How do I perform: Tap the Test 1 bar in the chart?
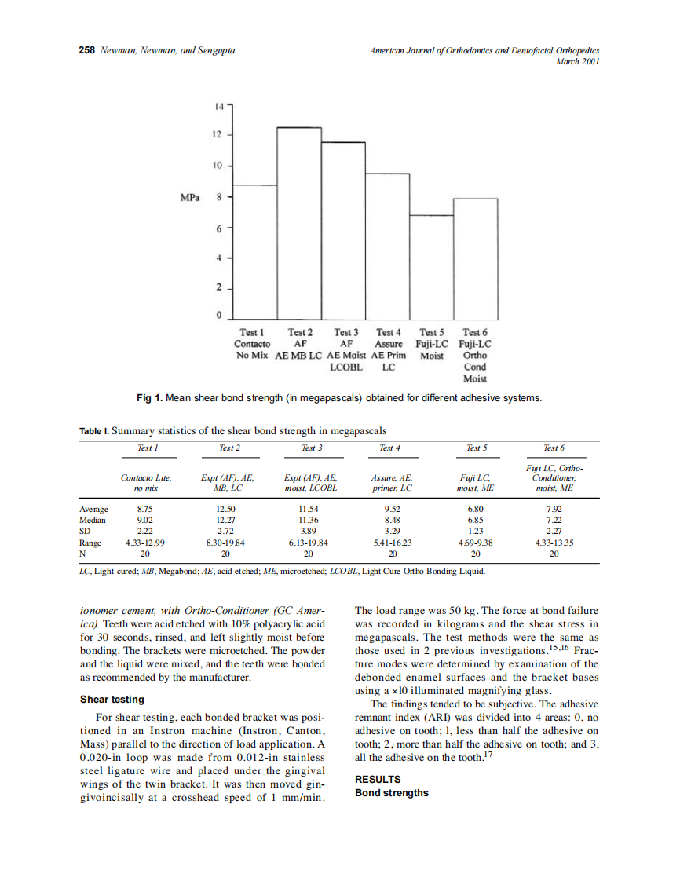coord(255,250)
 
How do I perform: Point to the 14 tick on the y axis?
coord(218,105)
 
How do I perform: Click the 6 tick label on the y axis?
coord(218,228)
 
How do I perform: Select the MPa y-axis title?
coord(189,197)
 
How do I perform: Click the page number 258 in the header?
coord(87,50)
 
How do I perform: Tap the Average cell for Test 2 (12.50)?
coord(227,509)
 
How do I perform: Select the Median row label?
coord(92,520)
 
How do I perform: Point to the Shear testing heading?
coord(112,700)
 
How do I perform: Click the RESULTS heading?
coord(378,779)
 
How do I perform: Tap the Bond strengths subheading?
coord(392,792)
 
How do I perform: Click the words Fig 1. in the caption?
coord(149,398)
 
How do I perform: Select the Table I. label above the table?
coord(93,430)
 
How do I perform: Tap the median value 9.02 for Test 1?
coord(145,520)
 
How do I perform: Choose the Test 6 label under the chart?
coord(475,333)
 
